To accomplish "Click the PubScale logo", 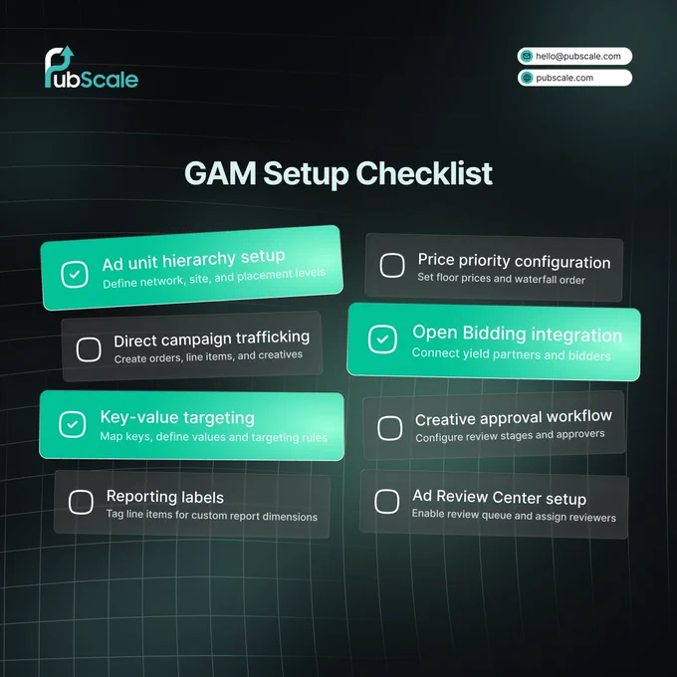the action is pyautogui.click(x=92, y=68).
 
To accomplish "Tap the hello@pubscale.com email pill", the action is pyautogui.click(x=574, y=56).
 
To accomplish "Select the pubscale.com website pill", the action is pyautogui.click(x=574, y=78).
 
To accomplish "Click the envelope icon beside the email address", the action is pyautogui.click(x=527, y=56).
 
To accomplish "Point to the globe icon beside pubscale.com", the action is pyautogui.click(x=527, y=78).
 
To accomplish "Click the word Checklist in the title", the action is pyautogui.click(x=424, y=173).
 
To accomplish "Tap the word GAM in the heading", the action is pyautogui.click(x=220, y=173).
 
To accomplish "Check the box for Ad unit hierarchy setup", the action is pyautogui.click(x=75, y=274).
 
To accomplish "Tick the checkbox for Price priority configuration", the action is pyautogui.click(x=392, y=265).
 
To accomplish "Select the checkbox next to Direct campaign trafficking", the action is pyautogui.click(x=89, y=349).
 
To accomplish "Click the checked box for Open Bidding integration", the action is pyautogui.click(x=382, y=339).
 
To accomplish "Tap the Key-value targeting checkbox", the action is pyautogui.click(x=72, y=424).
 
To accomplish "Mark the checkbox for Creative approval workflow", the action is pyautogui.click(x=390, y=428).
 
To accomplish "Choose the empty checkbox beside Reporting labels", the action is pyautogui.click(x=81, y=502).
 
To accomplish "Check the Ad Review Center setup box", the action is pyautogui.click(x=387, y=501).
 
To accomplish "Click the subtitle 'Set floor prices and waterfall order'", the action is pyautogui.click(x=501, y=279).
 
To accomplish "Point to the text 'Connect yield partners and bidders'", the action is pyautogui.click(x=511, y=354).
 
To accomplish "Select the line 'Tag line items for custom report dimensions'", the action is pyautogui.click(x=211, y=515).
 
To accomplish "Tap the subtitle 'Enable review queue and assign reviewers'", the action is pyautogui.click(x=514, y=516).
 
